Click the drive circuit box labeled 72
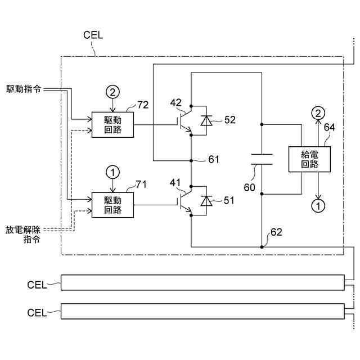point(113,124)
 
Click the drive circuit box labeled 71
point(113,205)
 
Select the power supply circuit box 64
point(309,159)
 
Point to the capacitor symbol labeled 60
point(262,159)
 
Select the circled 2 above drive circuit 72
point(114,91)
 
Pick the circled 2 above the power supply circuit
point(318,113)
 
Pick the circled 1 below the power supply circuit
point(318,206)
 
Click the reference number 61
point(214,159)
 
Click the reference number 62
point(276,232)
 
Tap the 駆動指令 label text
point(24,89)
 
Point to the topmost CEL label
point(93,35)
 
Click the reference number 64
point(330,128)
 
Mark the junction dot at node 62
point(262,246)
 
